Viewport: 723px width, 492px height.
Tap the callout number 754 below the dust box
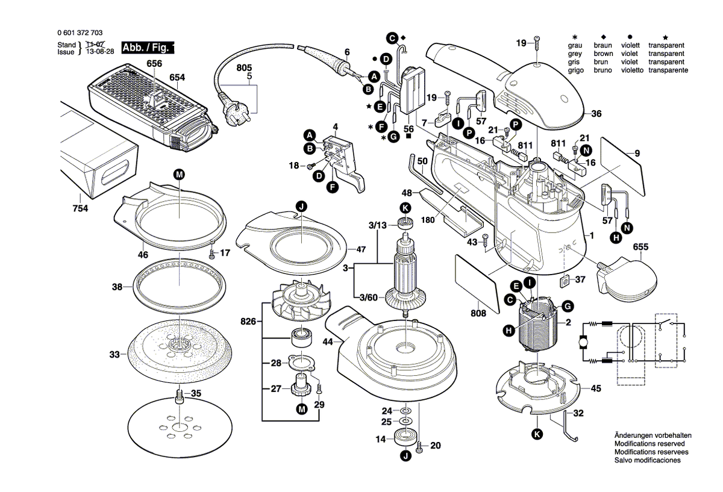point(80,208)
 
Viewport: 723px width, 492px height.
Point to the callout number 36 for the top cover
point(596,114)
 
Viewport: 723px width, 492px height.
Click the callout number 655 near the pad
point(640,247)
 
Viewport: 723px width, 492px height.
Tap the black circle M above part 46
point(179,175)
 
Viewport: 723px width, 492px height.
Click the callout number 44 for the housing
point(327,343)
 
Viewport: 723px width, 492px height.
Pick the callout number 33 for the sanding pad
point(114,355)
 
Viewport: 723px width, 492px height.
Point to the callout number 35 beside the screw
point(196,393)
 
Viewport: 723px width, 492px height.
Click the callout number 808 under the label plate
point(479,313)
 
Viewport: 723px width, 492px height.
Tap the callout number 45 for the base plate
point(595,388)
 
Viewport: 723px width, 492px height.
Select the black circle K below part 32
point(536,434)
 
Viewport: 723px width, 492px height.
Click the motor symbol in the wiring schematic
point(583,343)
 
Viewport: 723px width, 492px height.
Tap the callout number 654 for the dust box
point(177,77)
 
